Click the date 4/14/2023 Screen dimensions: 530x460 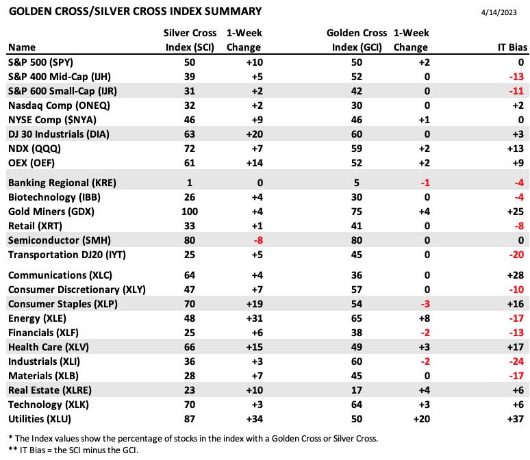click(499, 12)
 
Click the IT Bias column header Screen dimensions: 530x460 click(512, 47)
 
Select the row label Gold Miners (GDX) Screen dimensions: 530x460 click(51, 212)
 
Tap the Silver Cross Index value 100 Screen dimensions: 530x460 click(190, 212)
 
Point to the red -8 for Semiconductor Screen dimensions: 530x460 click(258, 240)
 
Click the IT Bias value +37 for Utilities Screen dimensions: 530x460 click(516, 419)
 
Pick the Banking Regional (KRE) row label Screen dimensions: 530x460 click(62, 183)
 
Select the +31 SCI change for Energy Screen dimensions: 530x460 click(255, 318)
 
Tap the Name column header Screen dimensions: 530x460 click(22, 47)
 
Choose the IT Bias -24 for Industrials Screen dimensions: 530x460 click(516, 361)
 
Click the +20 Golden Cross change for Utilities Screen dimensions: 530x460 click(422, 419)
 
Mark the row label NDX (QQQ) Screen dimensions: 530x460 click(34, 149)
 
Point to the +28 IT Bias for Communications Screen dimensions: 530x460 click(516, 275)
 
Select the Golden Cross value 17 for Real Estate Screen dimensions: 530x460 click(357, 390)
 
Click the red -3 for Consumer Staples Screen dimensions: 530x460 click(425, 304)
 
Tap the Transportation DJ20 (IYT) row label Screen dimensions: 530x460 click(67, 255)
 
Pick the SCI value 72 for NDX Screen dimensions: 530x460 click(190, 149)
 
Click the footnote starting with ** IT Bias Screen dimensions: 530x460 click(73, 450)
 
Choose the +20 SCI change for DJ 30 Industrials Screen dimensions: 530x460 click(255, 134)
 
